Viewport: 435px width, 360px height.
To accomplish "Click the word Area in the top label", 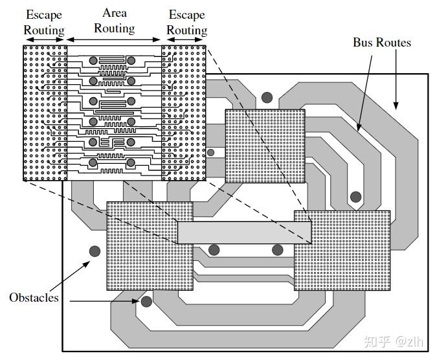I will point(115,13).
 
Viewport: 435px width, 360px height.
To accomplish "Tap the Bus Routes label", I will point(381,43).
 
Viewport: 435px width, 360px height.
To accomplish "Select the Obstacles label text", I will point(34,298).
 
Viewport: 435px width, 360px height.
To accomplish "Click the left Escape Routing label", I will point(44,22).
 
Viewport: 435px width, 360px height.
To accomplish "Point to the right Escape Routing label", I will point(186,22).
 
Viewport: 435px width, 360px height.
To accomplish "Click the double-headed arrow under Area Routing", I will point(114,40).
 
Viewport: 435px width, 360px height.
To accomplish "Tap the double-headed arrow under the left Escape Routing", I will point(45,40).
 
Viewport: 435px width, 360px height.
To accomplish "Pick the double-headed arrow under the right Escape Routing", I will point(184,40).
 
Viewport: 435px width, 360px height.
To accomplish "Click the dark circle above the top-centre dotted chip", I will point(267,98).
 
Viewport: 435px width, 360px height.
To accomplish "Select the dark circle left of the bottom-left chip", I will point(95,251).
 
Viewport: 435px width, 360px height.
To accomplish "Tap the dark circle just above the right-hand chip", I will point(355,197).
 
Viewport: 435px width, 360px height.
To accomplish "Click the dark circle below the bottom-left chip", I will point(147,300).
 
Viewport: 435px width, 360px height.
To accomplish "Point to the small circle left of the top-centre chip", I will point(210,153).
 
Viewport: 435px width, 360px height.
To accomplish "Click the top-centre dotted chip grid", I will point(265,146).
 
